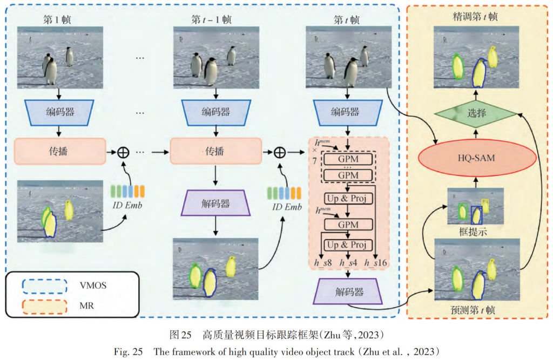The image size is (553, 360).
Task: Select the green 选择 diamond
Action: tap(476, 114)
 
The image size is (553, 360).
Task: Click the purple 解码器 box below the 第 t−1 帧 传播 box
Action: tap(215, 204)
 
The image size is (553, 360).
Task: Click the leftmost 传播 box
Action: tap(58, 152)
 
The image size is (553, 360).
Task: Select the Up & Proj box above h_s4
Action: tap(348, 244)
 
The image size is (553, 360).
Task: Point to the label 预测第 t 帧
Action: tap(475, 311)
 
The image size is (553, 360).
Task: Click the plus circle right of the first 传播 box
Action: tap(125, 152)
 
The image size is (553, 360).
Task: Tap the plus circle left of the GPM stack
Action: tap(279, 152)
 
